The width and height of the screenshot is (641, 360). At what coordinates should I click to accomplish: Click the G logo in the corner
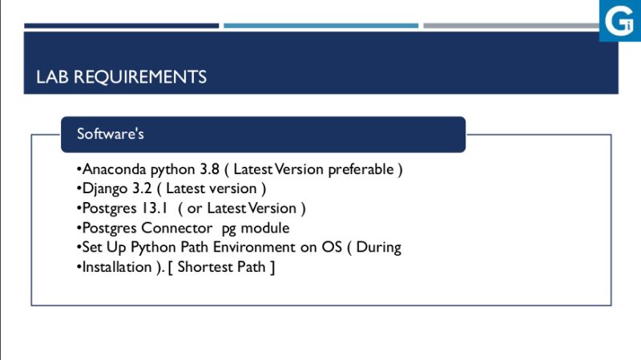619,20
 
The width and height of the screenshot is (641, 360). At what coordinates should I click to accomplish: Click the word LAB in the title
50,77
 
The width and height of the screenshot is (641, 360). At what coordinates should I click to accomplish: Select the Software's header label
110,134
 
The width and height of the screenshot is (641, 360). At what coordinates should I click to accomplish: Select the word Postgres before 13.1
109,208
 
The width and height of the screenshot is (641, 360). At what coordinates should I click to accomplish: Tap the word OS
332,248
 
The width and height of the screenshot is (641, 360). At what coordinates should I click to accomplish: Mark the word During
379,248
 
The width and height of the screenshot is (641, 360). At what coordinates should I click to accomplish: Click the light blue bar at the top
320,26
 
